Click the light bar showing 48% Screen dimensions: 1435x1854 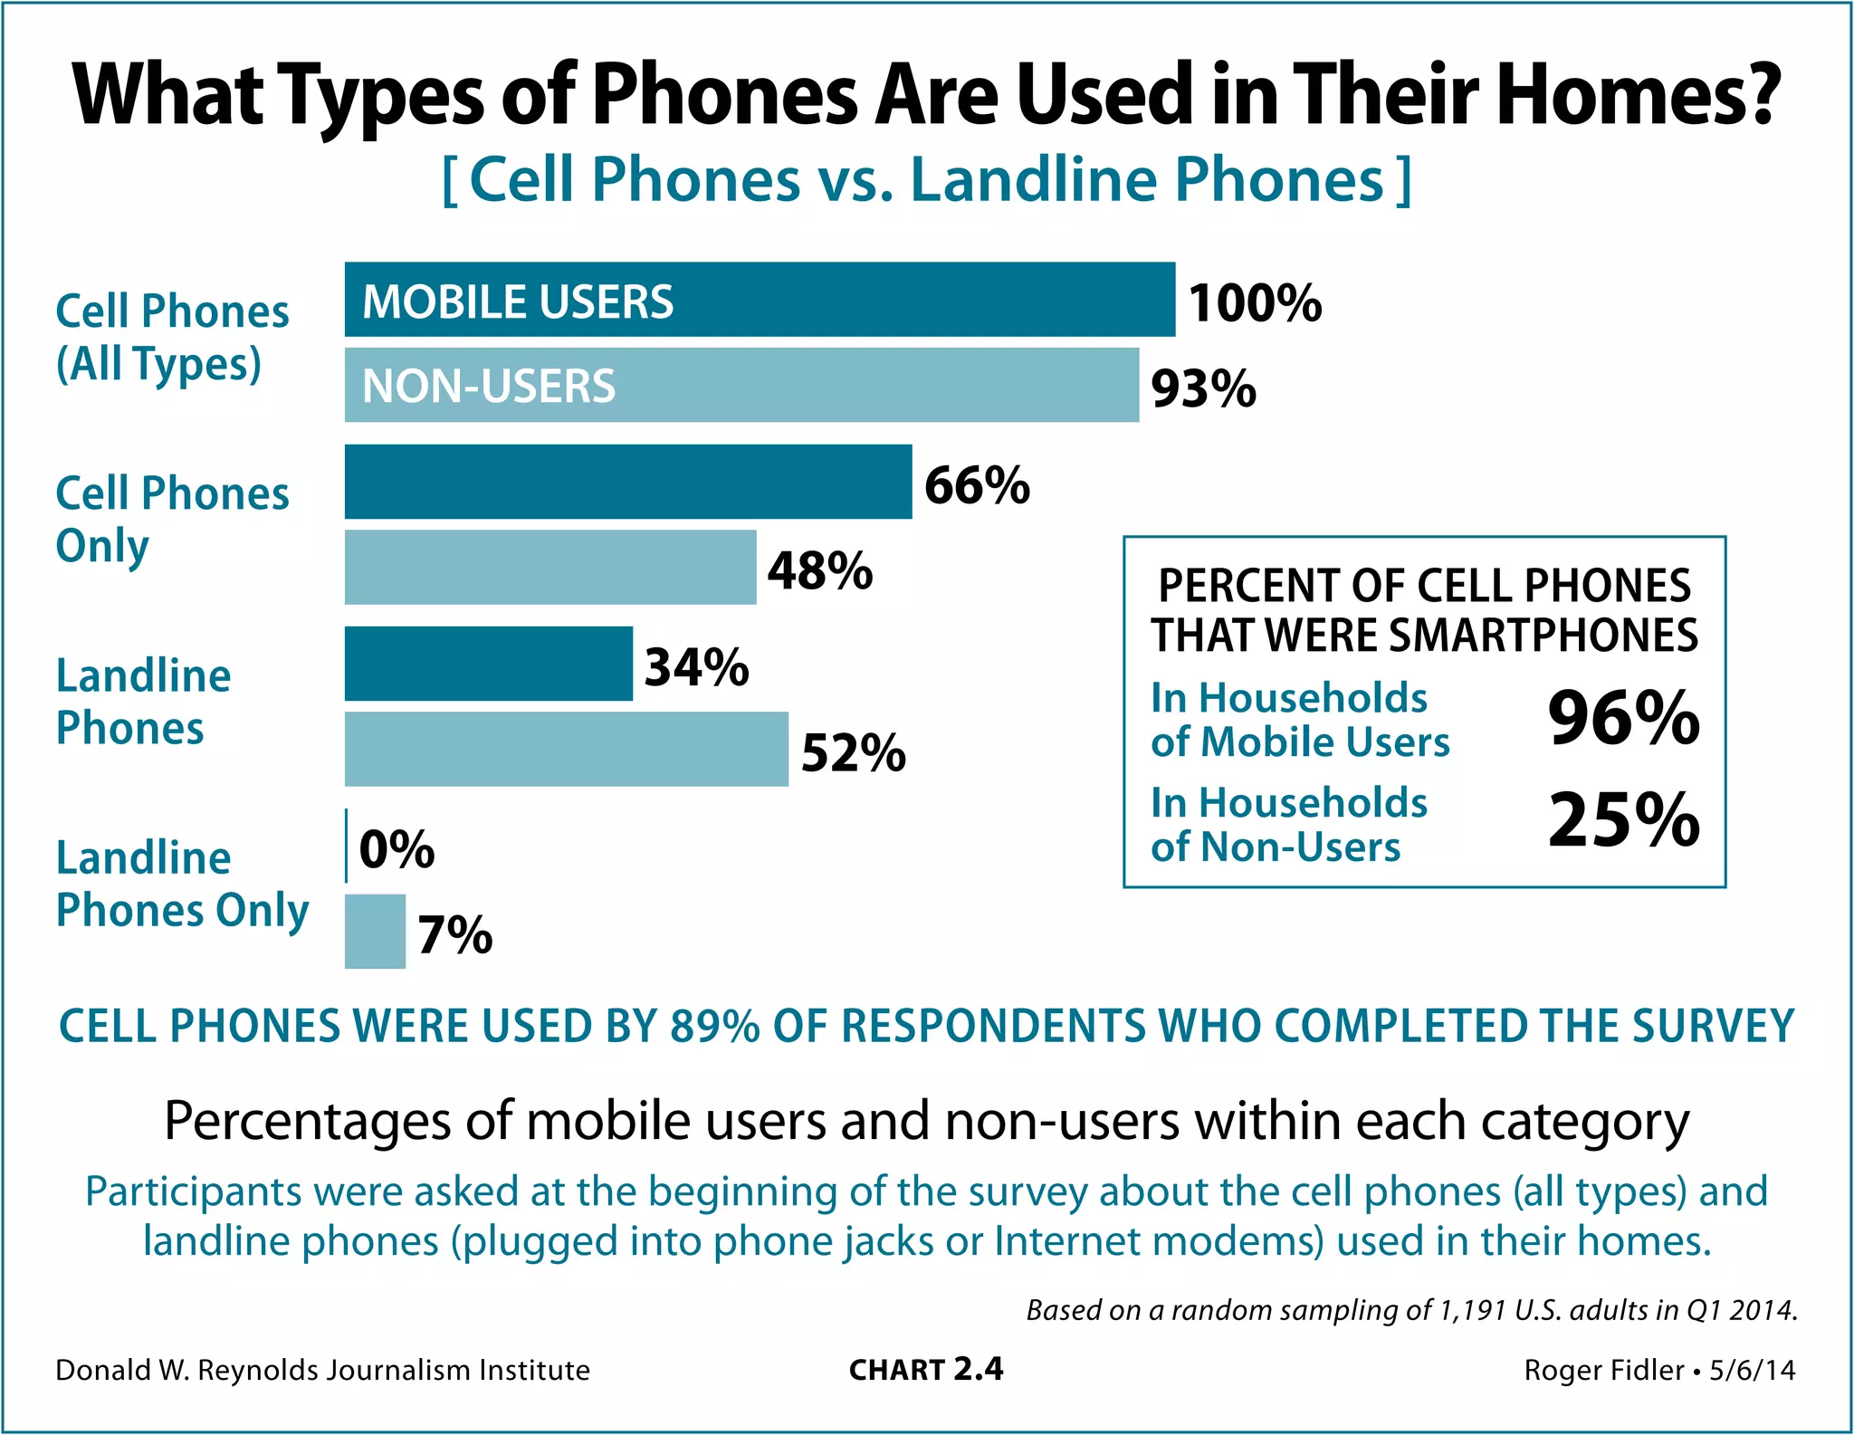[x=550, y=567]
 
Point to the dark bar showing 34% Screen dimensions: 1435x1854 [x=488, y=664]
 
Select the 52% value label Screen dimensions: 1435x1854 [x=853, y=752]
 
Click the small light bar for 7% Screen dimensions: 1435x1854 [x=375, y=932]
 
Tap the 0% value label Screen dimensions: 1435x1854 [x=397, y=849]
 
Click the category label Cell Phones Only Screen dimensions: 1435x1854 [x=172, y=519]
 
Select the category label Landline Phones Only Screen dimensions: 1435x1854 [x=181, y=884]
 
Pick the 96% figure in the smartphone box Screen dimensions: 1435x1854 [x=1623, y=718]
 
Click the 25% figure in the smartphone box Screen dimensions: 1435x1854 [x=1623, y=820]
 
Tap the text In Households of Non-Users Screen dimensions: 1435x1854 [x=1288, y=825]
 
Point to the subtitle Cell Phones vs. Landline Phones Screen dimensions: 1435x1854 [x=926, y=179]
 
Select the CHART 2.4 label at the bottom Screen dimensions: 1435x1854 [x=925, y=1370]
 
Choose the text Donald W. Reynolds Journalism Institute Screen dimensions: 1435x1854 [x=322, y=1370]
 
